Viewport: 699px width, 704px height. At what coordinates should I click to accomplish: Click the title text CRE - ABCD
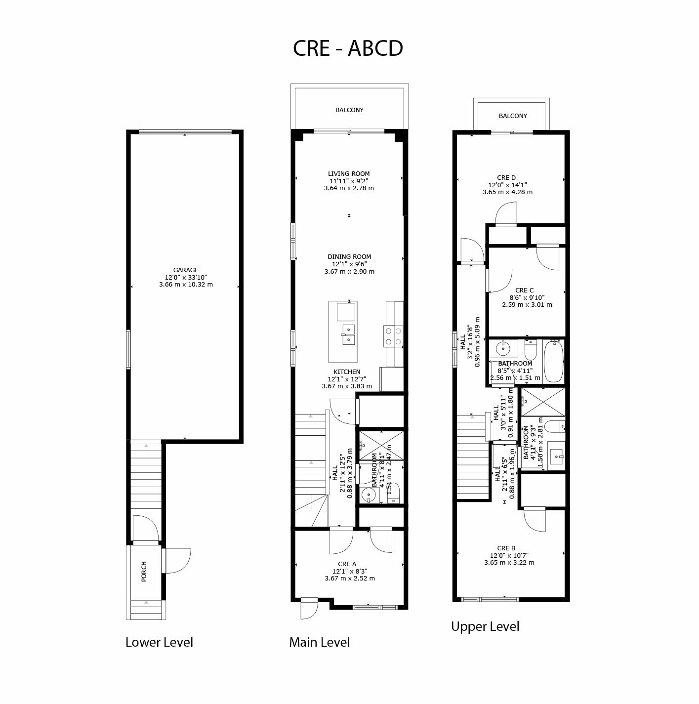(347, 48)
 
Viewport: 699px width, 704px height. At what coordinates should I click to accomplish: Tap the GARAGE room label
(186, 270)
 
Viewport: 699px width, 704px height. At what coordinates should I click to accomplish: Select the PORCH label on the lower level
(144, 571)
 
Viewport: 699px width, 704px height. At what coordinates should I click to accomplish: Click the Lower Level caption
(159, 642)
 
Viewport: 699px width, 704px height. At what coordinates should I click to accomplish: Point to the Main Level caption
(319, 642)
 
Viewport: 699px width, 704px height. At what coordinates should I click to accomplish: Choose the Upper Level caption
(485, 626)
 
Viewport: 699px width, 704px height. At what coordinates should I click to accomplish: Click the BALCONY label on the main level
(349, 110)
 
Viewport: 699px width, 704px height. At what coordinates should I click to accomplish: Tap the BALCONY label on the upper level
(513, 116)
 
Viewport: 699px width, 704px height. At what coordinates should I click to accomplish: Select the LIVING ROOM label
(349, 174)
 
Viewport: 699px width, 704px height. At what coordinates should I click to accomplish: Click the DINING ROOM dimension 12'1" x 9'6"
(349, 264)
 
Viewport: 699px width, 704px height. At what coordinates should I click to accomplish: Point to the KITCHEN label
(347, 372)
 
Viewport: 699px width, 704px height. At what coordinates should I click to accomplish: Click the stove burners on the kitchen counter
(393, 336)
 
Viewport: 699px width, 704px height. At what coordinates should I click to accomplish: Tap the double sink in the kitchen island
(348, 334)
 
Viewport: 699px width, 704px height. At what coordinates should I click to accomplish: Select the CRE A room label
(347, 564)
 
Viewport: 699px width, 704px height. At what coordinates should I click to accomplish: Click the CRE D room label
(506, 178)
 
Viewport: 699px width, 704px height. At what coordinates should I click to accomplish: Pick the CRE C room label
(524, 290)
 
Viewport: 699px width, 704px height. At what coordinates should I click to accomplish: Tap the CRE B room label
(506, 548)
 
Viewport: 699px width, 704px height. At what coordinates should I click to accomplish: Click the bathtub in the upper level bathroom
(553, 361)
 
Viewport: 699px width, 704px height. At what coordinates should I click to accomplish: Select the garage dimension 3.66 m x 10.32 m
(186, 284)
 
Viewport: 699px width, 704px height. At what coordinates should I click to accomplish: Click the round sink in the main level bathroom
(369, 496)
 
